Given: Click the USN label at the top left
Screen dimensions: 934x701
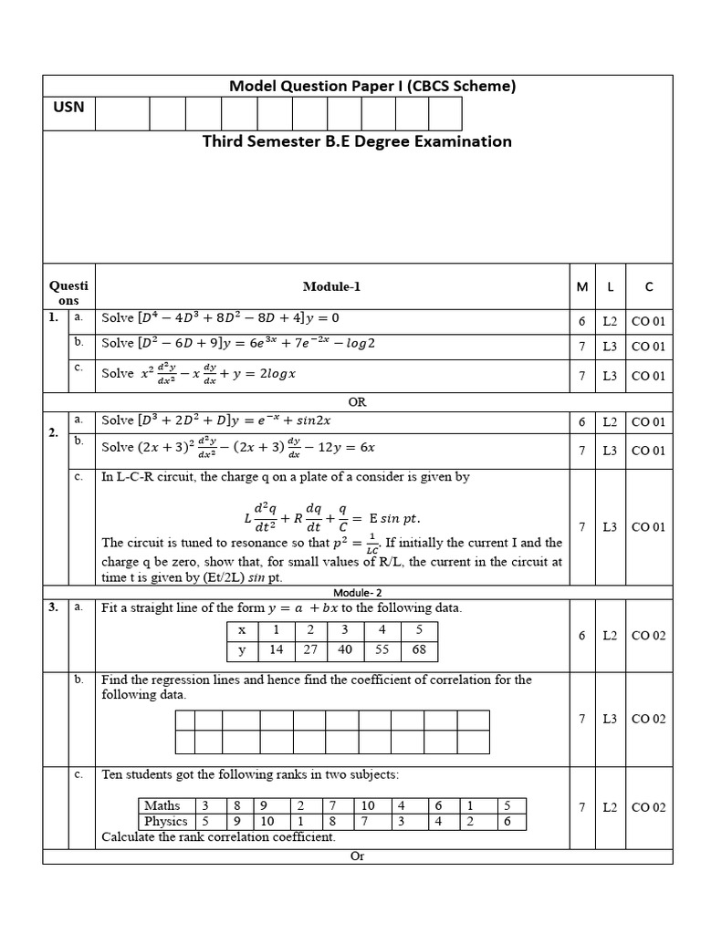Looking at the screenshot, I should (x=68, y=107).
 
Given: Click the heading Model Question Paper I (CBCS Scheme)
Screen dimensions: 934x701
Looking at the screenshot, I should (x=372, y=87).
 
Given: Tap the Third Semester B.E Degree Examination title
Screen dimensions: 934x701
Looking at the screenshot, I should (x=357, y=141).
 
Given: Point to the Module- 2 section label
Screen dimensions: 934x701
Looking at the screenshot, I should (x=358, y=592).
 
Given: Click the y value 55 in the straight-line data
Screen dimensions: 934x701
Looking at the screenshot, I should (x=382, y=650).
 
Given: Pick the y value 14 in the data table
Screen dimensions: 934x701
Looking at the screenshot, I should (x=277, y=650).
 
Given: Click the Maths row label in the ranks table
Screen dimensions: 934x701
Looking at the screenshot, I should (x=162, y=805).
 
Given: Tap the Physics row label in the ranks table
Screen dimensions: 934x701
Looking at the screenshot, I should (x=165, y=821).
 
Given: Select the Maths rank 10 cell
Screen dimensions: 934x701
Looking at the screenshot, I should (x=368, y=805).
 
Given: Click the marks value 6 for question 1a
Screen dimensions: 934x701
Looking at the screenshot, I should (x=581, y=321).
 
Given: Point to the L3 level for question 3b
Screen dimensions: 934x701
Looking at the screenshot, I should (x=610, y=719).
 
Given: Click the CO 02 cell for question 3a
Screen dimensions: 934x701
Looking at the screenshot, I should (x=649, y=636).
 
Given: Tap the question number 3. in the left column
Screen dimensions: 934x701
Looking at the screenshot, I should (x=53, y=607).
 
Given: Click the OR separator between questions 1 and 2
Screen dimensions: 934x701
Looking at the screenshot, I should (x=357, y=402).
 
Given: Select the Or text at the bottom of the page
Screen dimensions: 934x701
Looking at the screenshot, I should (x=357, y=856).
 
